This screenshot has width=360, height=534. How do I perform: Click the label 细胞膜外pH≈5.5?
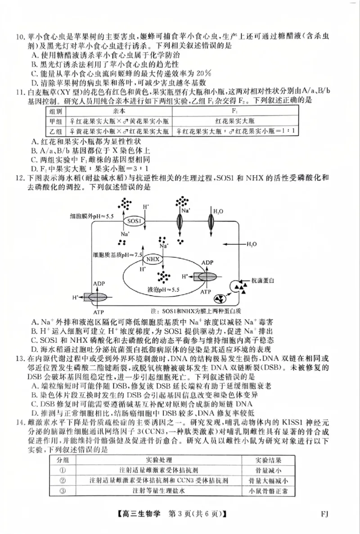(x=91, y=216)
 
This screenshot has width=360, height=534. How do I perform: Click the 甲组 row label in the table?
(x=57, y=121)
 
